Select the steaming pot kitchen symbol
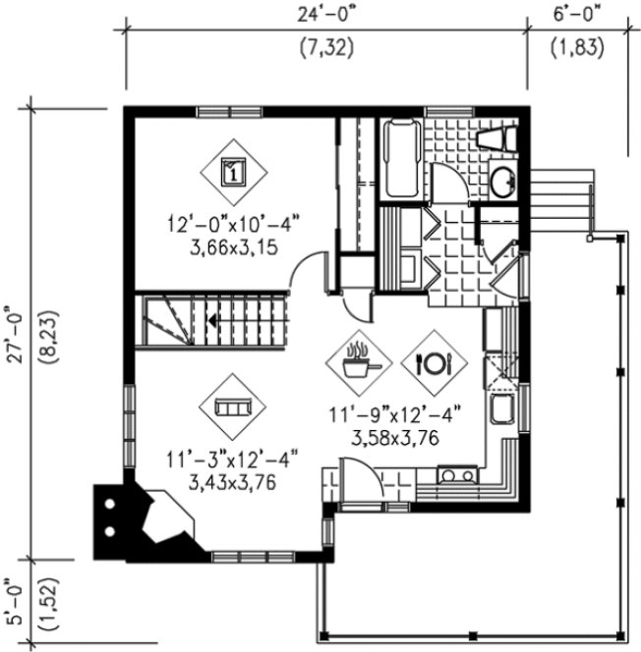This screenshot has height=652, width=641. (358, 362)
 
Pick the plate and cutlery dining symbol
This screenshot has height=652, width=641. (433, 362)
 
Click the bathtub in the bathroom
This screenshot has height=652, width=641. (401, 159)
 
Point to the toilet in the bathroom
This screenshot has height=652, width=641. (495, 138)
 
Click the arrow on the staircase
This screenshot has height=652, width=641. (213, 320)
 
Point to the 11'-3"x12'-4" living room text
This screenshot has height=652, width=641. (233, 458)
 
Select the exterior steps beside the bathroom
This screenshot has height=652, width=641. (567, 201)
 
